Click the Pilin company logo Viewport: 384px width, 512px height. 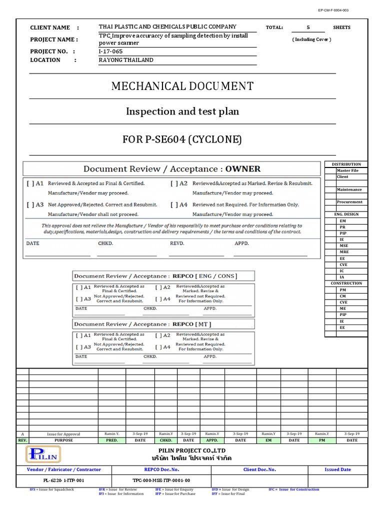click(x=44, y=454)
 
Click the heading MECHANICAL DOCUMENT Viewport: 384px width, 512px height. click(x=182, y=86)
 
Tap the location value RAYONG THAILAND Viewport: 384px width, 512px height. click(x=126, y=60)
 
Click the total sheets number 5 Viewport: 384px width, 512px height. click(x=308, y=27)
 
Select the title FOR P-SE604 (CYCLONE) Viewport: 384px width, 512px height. click(x=182, y=139)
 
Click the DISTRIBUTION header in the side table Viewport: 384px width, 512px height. click(x=346, y=164)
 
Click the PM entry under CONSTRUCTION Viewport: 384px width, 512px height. click(x=343, y=289)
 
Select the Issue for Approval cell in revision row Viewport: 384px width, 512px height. click(x=63, y=434)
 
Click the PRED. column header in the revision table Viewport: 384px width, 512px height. click(x=112, y=440)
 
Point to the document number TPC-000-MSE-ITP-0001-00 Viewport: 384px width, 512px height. click(x=161, y=480)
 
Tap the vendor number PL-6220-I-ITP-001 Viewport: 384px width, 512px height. click(x=63, y=480)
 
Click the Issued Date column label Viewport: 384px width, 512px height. click(x=337, y=469)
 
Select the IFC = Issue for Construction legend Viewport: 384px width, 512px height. click(x=293, y=489)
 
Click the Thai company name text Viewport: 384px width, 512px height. click(x=191, y=458)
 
